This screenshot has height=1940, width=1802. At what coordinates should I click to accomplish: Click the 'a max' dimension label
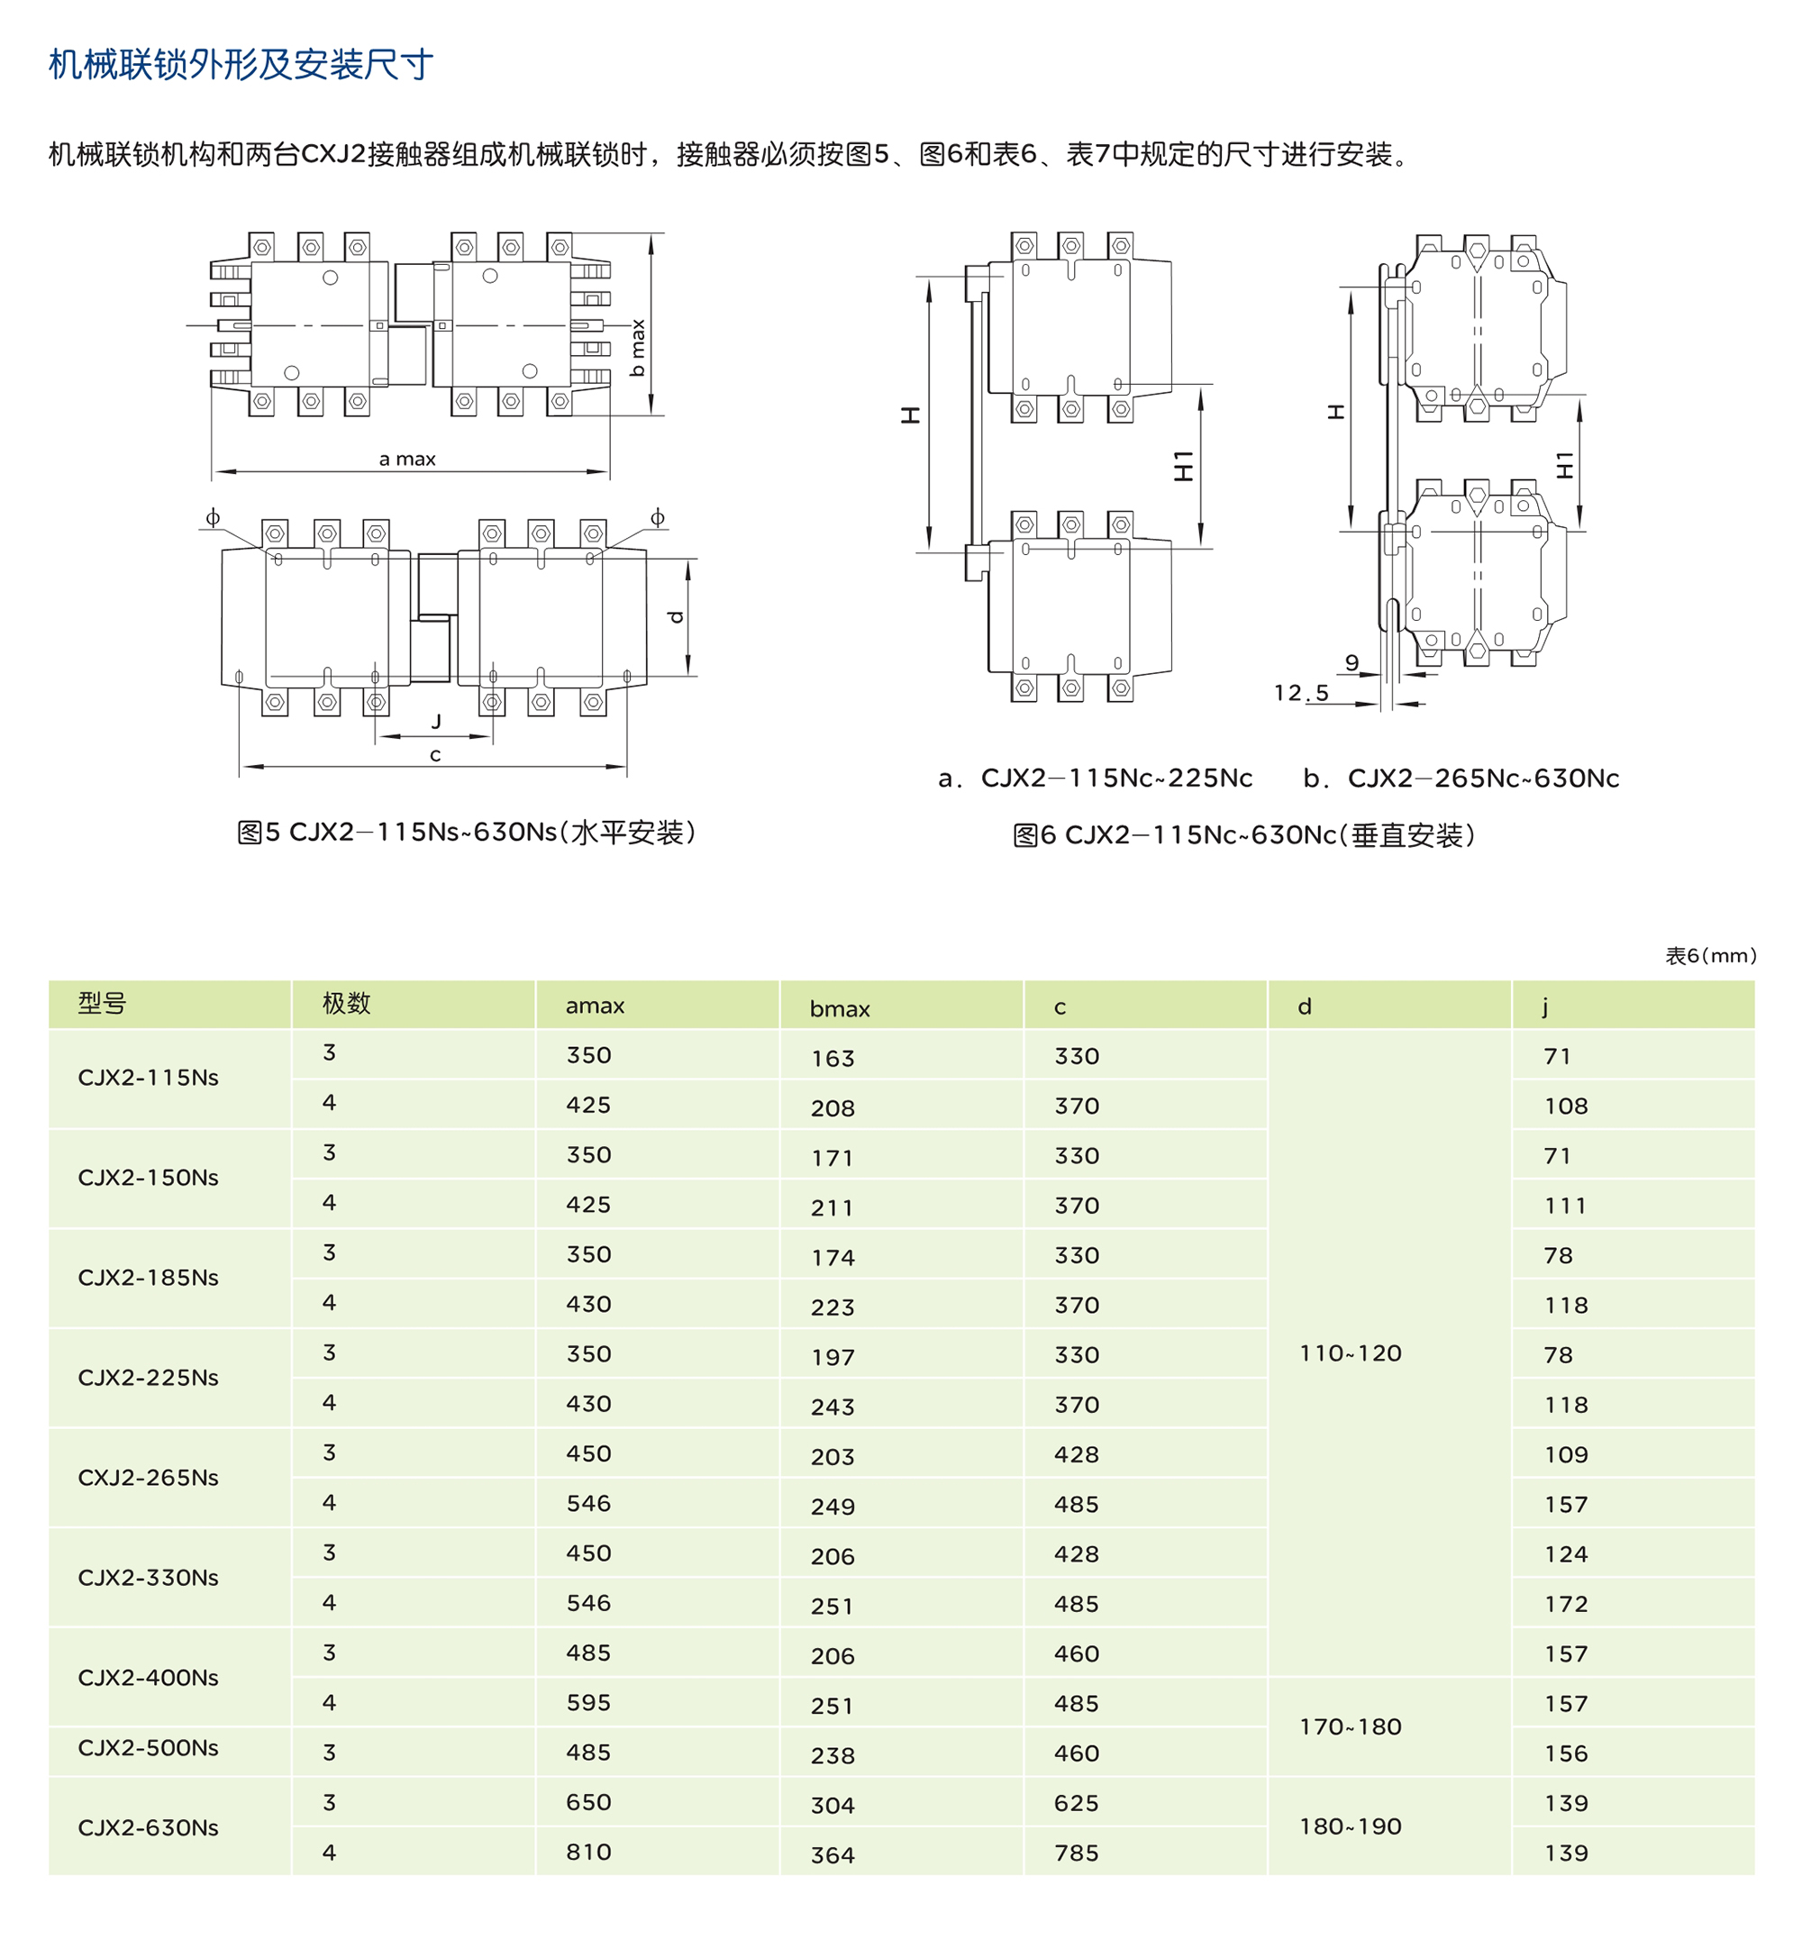tap(406, 459)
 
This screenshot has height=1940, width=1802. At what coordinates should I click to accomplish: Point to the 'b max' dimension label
tap(638, 347)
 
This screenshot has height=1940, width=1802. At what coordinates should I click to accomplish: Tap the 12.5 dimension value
tap(1301, 693)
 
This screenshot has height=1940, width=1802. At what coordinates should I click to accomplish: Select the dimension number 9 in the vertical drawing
tap(1351, 662)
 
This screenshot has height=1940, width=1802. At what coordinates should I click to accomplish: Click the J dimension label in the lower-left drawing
tap(436, 721)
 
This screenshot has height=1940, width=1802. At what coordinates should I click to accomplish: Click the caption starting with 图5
tap(467, 832)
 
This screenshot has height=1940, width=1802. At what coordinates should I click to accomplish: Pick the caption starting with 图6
tap(1244, 835)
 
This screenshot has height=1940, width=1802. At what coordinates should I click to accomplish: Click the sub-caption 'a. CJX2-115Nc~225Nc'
tap(1095, 778)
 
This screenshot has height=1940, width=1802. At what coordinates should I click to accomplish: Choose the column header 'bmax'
tap(840, 1008)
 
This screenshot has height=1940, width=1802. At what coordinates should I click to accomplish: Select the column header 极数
tap(346, 1003)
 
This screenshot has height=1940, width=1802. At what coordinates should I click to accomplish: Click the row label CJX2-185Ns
tap(149, 1277)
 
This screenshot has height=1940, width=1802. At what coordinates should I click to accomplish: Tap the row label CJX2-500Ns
tap(149, 1747)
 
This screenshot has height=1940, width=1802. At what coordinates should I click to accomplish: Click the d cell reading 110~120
tap(1351, 1353)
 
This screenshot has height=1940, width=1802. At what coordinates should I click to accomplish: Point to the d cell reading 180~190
tap(1351, 1826)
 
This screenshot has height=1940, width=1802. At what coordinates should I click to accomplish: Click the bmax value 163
tap(833, 1058)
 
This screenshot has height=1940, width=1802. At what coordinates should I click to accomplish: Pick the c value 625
tap(1077, 1802)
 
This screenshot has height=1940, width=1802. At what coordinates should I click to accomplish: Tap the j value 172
tap(1566, 1604)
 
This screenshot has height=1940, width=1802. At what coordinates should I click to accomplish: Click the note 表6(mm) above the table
tap(1710, 955)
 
